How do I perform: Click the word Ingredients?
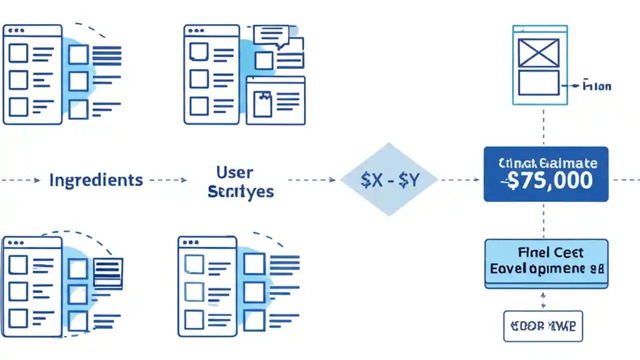click(x=95, y=180)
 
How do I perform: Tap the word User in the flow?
click(x=234, y=173)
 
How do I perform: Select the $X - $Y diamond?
click(x=389, y=179)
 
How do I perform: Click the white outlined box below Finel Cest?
click(x=543, y=326)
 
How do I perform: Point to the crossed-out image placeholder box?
click(x=538, y=53)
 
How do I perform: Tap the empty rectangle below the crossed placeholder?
click(x=538, y=82)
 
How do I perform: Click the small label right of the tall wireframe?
click(x=596, y=86)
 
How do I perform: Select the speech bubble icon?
click(x=271, y=36)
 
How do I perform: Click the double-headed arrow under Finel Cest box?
click(x=543, y=299)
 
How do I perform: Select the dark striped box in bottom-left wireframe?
click(x=107, y=272)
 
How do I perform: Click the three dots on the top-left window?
click(x=16, y=30)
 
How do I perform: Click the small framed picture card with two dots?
click(x=262, y=103)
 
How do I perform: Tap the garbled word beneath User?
click(x=240, y=191)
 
